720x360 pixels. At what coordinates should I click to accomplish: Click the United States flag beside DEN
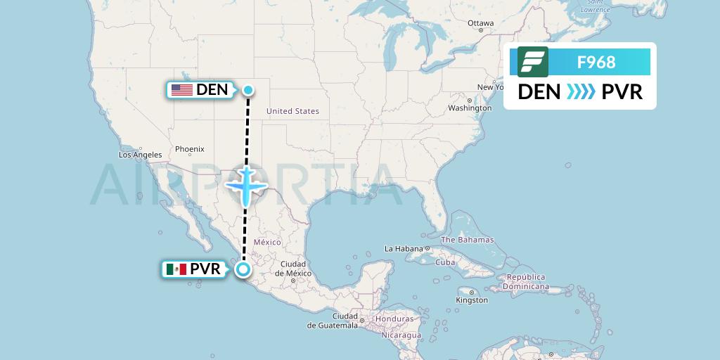point(182,89)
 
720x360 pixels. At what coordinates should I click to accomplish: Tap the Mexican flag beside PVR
point(176,269)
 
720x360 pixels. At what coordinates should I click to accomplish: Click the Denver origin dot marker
point(248,89)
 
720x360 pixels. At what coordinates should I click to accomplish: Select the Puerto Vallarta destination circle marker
point(243,269)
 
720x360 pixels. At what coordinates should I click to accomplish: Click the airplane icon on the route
point(246,185)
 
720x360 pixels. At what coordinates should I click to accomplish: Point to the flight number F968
point(596,63)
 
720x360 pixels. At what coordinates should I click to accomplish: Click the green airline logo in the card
point(532,62)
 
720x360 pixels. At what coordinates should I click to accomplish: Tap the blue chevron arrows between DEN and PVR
point(580,92)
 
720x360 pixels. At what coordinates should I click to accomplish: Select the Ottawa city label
point(481,23)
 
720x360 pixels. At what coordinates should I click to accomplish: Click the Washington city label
point(470,108)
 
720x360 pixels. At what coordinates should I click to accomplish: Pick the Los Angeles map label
point(141,155)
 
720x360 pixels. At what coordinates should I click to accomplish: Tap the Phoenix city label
point(189,149)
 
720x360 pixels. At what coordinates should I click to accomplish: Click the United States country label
point(292,111)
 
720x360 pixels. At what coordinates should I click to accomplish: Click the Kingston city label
point(471,300)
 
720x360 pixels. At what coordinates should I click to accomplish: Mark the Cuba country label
point(445,262)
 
